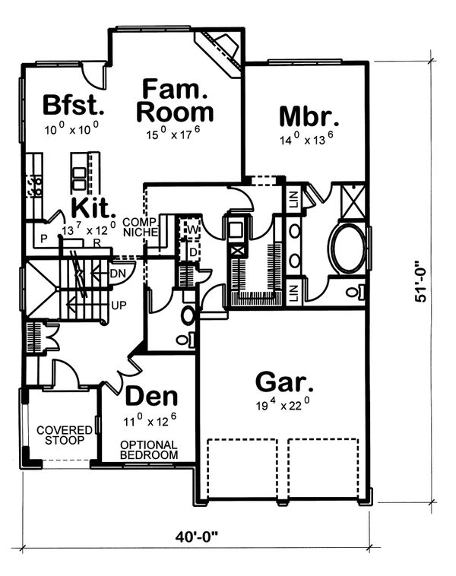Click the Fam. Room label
[175, 100]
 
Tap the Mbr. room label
[309, 116]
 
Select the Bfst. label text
[74, 105]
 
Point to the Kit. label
[93, 208]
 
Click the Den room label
[151, 397]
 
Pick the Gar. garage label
[284, 382]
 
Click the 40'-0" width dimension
[196, 537]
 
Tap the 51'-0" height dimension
[421, 281]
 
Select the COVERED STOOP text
[65, 435]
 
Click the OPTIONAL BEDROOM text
[149, 450]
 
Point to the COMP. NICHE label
[141, 227]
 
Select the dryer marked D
[192, 252]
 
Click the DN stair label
[119, 274]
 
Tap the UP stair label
[119, 305]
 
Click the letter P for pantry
[44, 239]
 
